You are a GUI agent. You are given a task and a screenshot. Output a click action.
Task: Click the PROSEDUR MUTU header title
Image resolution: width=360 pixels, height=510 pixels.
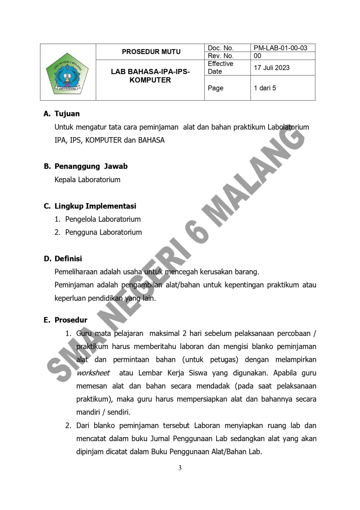(151, 52)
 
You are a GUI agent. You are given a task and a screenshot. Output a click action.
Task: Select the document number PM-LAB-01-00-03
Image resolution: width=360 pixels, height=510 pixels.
(280, 48)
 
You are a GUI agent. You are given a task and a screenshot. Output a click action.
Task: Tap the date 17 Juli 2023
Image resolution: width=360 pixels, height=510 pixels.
(272, 68)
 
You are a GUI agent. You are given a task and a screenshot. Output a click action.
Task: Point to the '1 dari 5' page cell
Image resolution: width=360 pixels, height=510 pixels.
(265, 88)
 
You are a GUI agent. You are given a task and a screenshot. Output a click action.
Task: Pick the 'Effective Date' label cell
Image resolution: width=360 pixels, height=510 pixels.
(220, 68)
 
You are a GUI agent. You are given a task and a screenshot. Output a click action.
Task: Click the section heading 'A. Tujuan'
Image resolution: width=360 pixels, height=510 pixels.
(62, 114)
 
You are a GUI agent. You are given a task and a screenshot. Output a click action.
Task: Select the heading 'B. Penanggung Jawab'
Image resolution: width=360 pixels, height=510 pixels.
(86, 166)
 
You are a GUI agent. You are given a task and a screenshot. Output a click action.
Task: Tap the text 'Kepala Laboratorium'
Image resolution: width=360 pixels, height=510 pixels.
(87, 180)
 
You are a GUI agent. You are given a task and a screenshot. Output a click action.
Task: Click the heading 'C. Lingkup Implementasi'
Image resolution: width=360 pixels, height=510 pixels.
(90, 206)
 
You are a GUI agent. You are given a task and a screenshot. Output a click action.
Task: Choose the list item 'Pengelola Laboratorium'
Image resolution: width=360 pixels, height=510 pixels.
(103, 219)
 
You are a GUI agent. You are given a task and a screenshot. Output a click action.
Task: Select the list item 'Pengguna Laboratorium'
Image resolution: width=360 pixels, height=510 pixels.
(103, 232)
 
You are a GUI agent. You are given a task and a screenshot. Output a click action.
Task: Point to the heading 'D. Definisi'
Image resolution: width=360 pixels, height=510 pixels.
(63, 259)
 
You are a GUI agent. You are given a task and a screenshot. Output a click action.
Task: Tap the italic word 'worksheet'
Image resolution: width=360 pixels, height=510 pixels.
(93, 373)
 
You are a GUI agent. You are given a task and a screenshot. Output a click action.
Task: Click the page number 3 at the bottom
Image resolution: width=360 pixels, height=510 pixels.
(180, 468)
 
